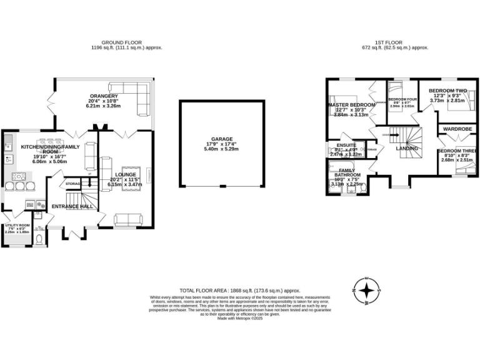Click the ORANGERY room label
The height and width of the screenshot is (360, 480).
102,96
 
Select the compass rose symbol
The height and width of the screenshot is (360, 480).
369,291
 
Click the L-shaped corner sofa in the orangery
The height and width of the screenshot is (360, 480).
141,100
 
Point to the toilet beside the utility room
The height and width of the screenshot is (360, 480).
39,239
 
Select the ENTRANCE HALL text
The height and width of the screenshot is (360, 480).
72,206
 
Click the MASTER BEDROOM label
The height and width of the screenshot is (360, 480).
351,104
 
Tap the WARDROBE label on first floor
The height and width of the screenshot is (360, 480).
457,129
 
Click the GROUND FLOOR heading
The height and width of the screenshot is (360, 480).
127,42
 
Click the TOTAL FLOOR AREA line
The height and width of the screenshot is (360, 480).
240,291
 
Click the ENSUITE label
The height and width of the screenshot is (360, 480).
347,145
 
